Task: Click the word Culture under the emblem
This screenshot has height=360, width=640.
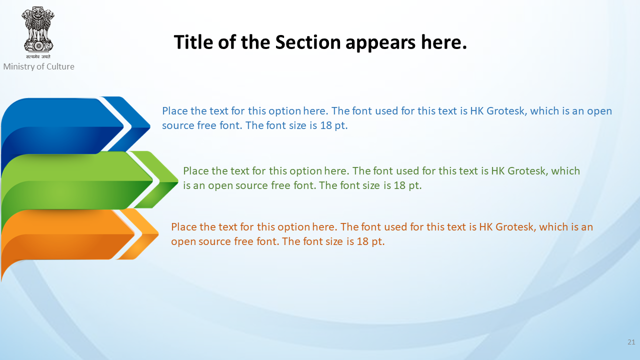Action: (x=60, y=66)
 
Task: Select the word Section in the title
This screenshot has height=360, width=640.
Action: (x=308, y=42)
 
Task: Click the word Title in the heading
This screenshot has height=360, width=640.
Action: (x=193, y=42)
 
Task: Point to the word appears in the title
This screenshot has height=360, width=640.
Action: (x=380, y=43)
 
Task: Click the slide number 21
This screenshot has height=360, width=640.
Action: (x=631, y=342)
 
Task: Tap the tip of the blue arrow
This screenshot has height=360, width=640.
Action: (x=150, y=125)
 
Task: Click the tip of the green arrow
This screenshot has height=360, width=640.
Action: (x=178, y=180)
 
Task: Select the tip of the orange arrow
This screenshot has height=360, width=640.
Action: (x=158, y=234)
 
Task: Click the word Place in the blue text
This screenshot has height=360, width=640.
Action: (x=175, y=111)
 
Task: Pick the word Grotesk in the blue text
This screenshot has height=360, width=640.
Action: (x=506, y=111)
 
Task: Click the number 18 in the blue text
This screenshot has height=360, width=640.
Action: (x=326, y=125)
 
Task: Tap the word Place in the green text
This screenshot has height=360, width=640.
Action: (x=196, y=171)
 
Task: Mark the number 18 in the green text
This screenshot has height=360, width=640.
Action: (x=399, y=185)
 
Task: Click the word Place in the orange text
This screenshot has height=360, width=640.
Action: (x=184, y=227)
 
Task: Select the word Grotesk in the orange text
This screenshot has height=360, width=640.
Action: (x=515, y=227)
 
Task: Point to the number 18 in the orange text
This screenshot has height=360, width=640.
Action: (x=362, y=241)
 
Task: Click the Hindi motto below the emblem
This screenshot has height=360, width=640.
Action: (x=38, y=56)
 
